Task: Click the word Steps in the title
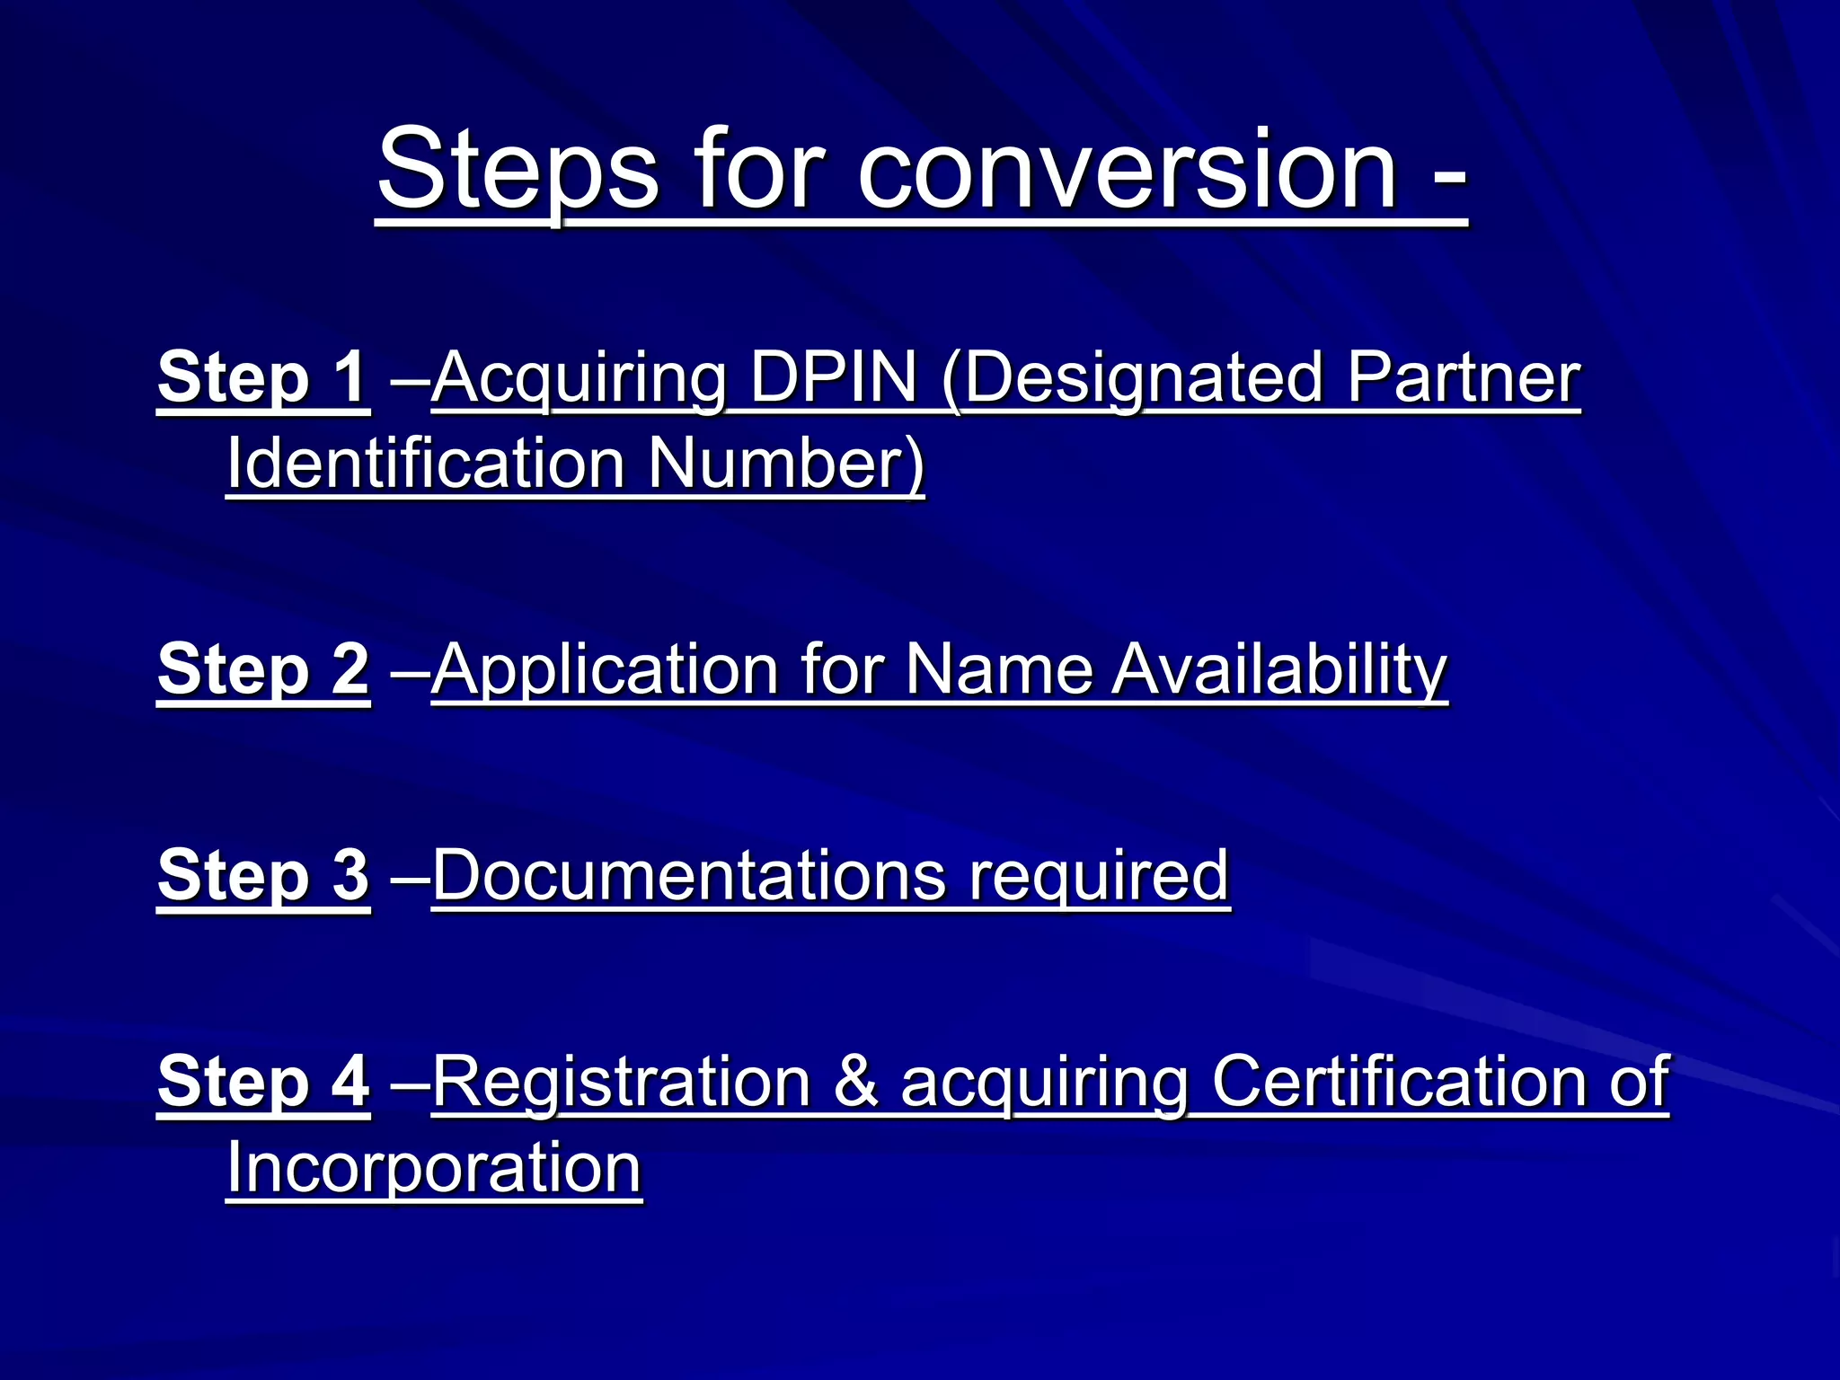tap(517, 169)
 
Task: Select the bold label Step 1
tap(262, 377)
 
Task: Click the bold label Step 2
tap(262, 669)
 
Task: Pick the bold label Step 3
tap(262, 875)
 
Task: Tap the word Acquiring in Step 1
tap(579, 379)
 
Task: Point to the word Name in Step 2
tap(998, 669)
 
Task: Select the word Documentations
tap(688, 875)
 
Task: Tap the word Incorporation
tap(433, 1169)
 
